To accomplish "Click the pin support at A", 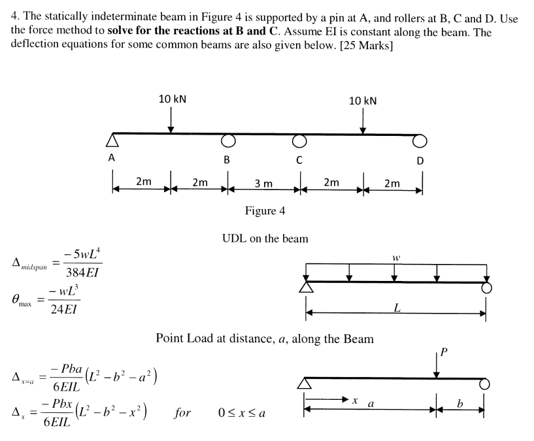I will coord(113,140).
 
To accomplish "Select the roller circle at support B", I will coord(227,140).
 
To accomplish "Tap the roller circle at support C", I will coord(299,140).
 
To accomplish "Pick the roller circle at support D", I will coord(420,140).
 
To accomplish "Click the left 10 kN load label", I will coord(172,99).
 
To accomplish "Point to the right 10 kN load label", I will coord(363,100).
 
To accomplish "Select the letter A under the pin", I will coord(112,158).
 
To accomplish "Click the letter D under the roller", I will coord(420,161).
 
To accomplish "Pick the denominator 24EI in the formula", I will coord(65,310).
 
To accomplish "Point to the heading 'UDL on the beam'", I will coord(265,238).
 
